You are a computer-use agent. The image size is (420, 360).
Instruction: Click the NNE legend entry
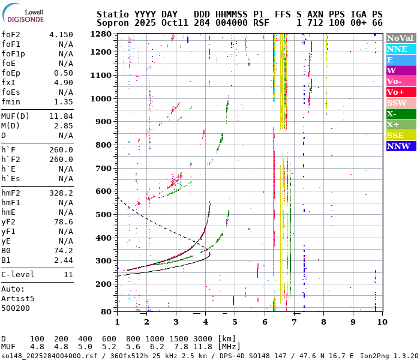tap(400, 49)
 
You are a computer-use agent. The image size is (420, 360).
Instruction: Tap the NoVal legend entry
tap(400, 38)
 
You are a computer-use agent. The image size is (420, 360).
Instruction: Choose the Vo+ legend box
tap(400, 92)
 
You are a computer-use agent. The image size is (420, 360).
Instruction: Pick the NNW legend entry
tap(400, 146)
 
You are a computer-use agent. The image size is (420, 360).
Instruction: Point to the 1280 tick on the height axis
tap(101, 34)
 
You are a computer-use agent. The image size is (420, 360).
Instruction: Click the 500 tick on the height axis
tap(104, 214)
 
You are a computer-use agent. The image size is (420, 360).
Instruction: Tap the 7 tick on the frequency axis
tap(294, 322)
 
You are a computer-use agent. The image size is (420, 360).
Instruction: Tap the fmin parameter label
tap(11, 102)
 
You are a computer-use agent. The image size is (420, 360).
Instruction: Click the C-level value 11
tap(68, 274)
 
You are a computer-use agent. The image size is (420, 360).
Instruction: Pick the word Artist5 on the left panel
tap(17, 298)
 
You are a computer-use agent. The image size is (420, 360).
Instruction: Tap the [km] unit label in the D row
tap(227, 339)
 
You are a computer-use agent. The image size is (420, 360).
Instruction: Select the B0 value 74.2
tap(63, 250)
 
